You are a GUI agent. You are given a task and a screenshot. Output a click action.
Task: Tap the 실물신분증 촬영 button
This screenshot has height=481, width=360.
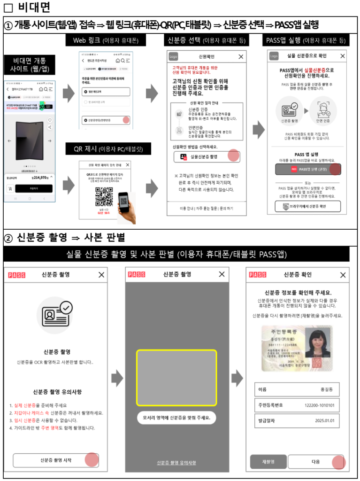(207, 156)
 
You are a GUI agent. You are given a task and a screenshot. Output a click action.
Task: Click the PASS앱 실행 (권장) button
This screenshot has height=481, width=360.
(308, 169)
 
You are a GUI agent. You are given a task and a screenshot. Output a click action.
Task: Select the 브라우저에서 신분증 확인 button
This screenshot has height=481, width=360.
(308, 207)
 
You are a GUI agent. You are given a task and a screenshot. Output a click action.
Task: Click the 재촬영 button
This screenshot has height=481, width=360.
(268, 461)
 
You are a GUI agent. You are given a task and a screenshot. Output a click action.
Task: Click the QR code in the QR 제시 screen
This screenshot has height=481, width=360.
(104, 196)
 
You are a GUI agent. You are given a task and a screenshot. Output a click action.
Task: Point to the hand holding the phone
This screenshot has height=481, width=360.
(127, 207)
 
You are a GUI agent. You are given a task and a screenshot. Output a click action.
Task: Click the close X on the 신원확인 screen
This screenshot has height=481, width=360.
(241, 56)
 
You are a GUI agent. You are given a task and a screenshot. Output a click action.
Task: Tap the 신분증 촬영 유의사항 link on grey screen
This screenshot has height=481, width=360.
(176, 463)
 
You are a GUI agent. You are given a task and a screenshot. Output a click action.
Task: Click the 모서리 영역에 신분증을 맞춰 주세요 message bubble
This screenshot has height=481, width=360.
(176, 417)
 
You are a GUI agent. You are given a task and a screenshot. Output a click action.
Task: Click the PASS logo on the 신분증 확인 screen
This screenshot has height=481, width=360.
(257, 275)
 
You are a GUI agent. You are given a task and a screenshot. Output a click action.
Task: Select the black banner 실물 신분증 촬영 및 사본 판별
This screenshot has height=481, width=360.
(176, 255)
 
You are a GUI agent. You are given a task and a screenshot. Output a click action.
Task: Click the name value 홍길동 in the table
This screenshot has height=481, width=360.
(327, 389)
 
